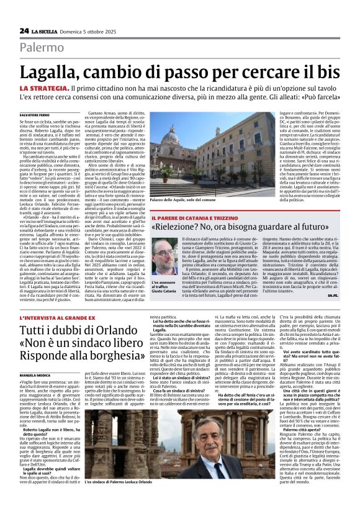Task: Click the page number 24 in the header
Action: tap(24, 30)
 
